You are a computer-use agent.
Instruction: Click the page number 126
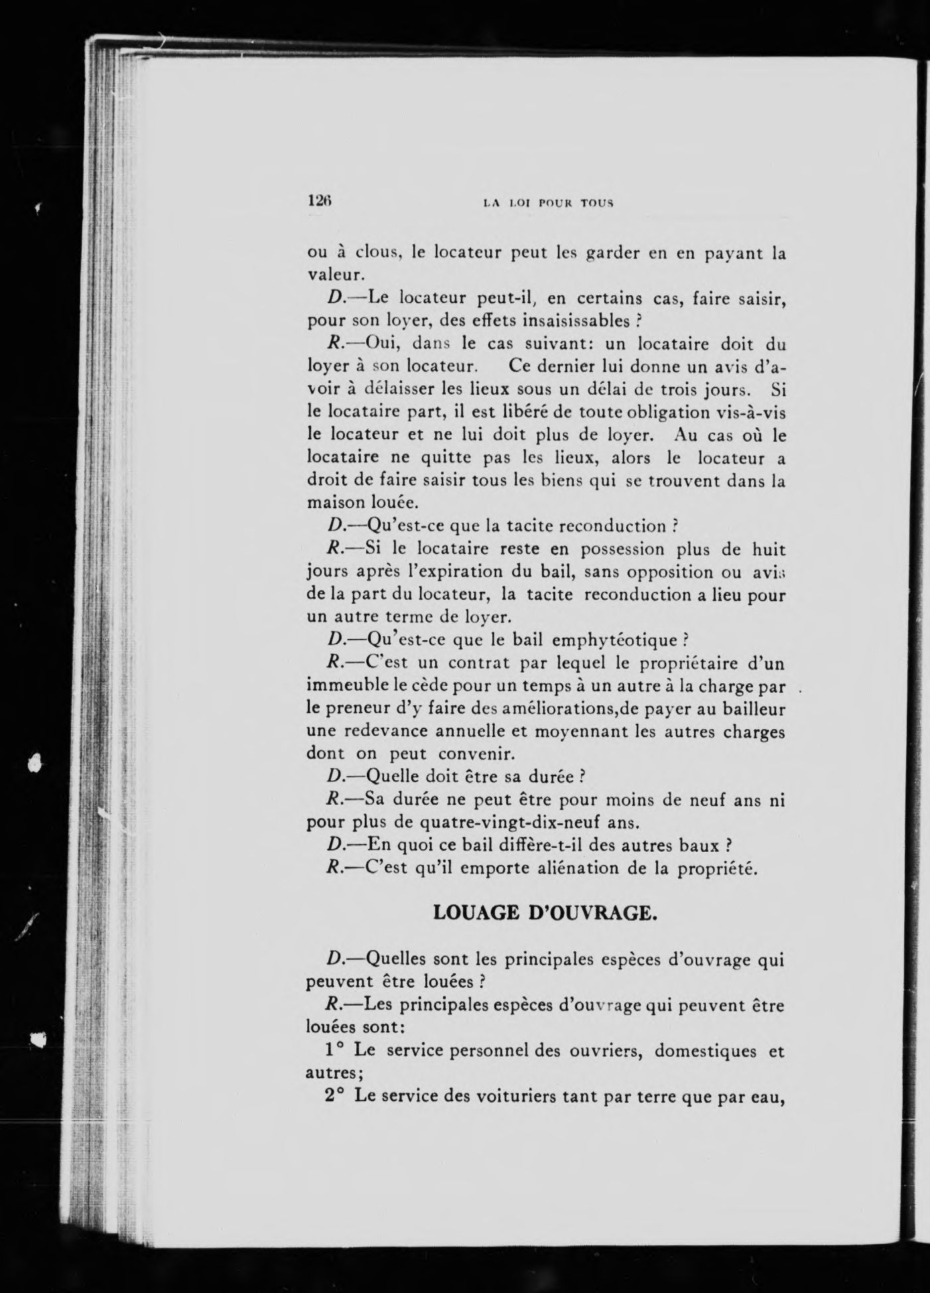(318, 201)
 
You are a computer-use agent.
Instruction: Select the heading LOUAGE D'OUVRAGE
(545, 913)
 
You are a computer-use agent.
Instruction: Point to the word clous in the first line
(377, 252)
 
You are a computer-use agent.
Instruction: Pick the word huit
(768, 549)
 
